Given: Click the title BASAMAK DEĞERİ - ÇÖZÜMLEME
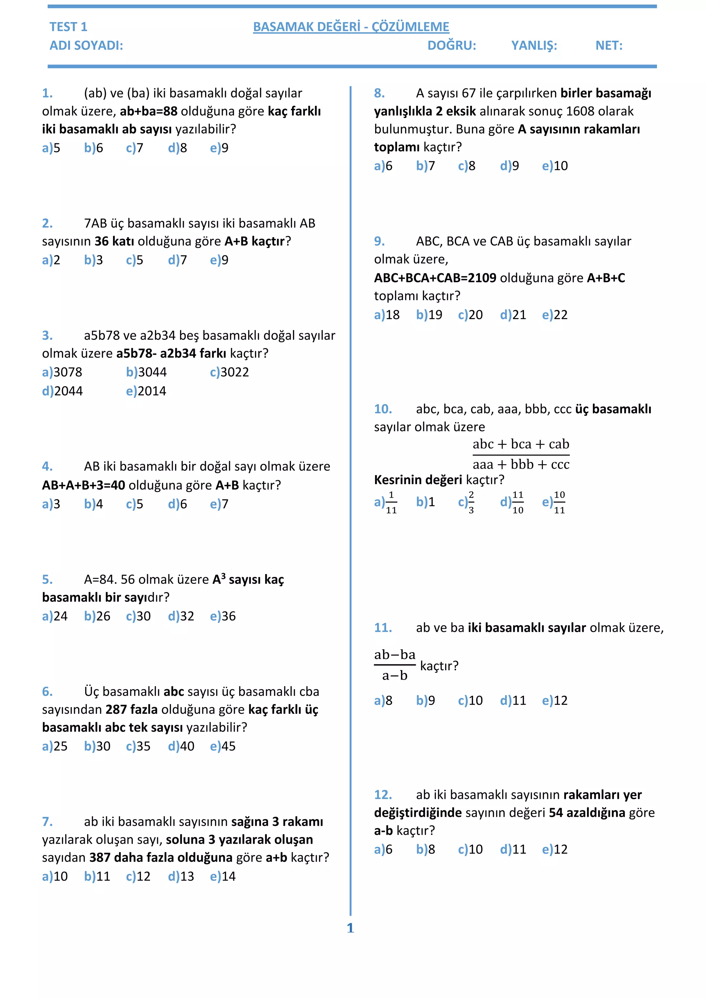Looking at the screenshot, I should click(x=351, y=27).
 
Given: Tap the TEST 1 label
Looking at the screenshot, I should click(x=68, y=27).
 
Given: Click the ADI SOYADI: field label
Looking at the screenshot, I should click(x=86, y=45).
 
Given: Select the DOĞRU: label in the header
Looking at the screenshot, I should click(x=452, y=45).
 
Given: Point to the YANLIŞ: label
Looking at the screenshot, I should click(x=534, y=45).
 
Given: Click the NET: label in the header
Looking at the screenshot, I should click(x=609, y=45).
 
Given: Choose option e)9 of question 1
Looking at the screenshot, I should click(x=219, y=148).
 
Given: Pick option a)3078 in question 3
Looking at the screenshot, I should click(x=62, y=373).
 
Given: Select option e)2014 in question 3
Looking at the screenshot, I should click(x=146, y=391).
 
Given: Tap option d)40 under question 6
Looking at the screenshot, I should click(x=181, y=746).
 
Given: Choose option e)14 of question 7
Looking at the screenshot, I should click(x=223, y=877).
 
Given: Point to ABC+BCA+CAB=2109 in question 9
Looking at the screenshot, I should click(x=435, y=278).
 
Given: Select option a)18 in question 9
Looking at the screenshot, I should click(x=386, y=315).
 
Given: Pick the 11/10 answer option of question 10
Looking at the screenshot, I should click(x=513, y=502).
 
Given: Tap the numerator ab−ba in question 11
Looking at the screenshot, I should click(x=395, y=655).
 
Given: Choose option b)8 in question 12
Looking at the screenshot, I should click(x=426, y=849).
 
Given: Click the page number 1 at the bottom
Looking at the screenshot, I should click(x=350, y=928).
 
